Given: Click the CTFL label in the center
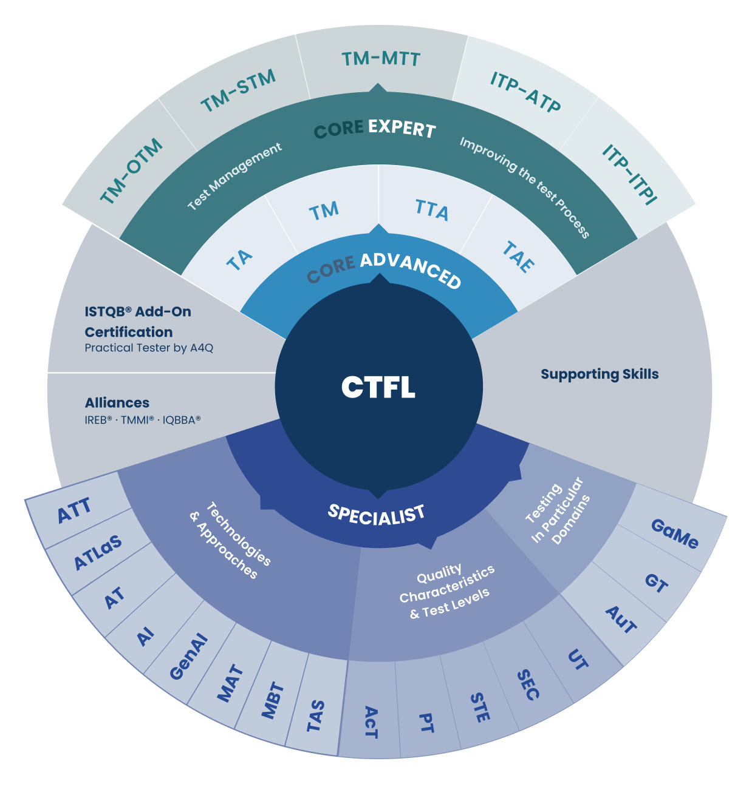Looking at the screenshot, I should click(x=378, y=387).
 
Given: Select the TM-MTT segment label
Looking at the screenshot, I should click(x=381, y=59).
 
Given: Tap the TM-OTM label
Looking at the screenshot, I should click(x=131, y=171).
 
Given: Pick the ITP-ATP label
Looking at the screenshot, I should click(x=525, y=92).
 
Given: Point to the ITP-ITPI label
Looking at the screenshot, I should click(x=630, y=174).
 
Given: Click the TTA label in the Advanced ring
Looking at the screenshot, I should click(x=432, y=210).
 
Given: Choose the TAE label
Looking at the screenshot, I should click(x=518, y=257).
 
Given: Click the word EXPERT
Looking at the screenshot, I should click(x=402, y=128).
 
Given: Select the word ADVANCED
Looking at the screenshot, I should click(x=411, y=270).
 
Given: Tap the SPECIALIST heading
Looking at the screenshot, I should click(x=376, y=515).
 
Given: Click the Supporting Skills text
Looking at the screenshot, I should click(x=600, y=374).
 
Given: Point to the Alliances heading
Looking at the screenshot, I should click(x=117, y=403).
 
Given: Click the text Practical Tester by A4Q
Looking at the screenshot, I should click(x=149, y=348).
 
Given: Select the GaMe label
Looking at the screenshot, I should click(x=674, y=534).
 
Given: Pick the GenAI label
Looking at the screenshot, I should click(x=188, y=657).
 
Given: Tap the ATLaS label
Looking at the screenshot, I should click(x=98, y=553).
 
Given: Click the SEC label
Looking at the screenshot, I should click(x=528, y=685).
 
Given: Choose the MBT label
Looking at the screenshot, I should click(x=273, y=700).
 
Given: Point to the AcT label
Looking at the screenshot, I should click(x=371, y=722).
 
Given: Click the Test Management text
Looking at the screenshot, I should click(x=234, y=177).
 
